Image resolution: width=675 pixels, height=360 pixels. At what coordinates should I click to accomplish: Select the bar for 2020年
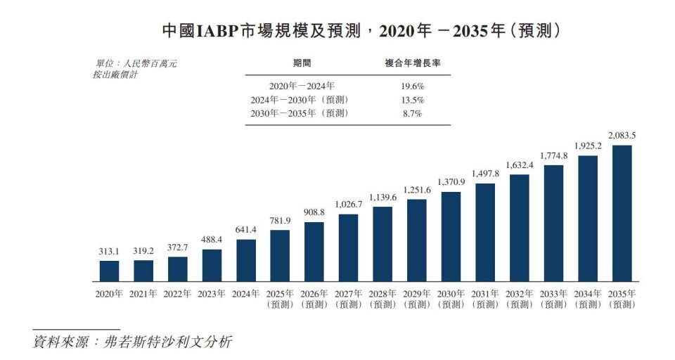point(109,271)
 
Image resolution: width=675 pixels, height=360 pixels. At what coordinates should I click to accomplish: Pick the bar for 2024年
point(246,260)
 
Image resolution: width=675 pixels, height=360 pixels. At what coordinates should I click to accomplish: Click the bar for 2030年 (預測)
point(451,236)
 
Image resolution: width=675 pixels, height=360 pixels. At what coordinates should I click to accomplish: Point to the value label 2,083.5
point(622,135)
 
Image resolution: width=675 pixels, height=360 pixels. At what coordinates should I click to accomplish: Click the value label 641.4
point(246,229)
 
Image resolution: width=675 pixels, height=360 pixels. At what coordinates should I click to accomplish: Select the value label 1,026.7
point(348,204)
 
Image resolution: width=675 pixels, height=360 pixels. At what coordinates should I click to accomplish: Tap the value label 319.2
point(143,250)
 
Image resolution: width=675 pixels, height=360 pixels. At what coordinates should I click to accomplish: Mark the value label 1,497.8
point(485,174)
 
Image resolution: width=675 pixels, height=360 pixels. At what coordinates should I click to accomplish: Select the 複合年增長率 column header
point(412,63)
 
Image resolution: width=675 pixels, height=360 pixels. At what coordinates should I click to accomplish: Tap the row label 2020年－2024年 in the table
point(292,86)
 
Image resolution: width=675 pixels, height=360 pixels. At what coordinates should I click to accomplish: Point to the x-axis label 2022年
point(178,294)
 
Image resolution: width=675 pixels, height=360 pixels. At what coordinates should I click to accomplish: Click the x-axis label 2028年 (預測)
point(382,299)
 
